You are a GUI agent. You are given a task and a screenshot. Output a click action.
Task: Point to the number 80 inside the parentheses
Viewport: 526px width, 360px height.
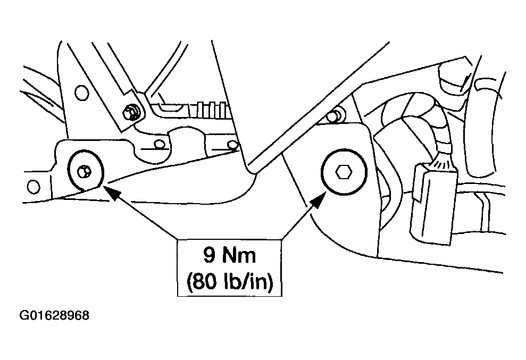(204, 281)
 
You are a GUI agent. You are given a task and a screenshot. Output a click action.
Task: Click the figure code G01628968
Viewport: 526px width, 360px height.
(54, 316)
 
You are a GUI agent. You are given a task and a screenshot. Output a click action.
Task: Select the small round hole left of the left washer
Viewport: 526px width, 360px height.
(33, 187)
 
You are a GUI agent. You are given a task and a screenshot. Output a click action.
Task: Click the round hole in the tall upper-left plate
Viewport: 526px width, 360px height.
(81, 93)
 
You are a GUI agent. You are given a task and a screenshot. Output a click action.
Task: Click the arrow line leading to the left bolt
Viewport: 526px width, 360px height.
(140, 213)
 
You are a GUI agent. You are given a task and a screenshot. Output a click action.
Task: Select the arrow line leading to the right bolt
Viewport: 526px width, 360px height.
(304, 215)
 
